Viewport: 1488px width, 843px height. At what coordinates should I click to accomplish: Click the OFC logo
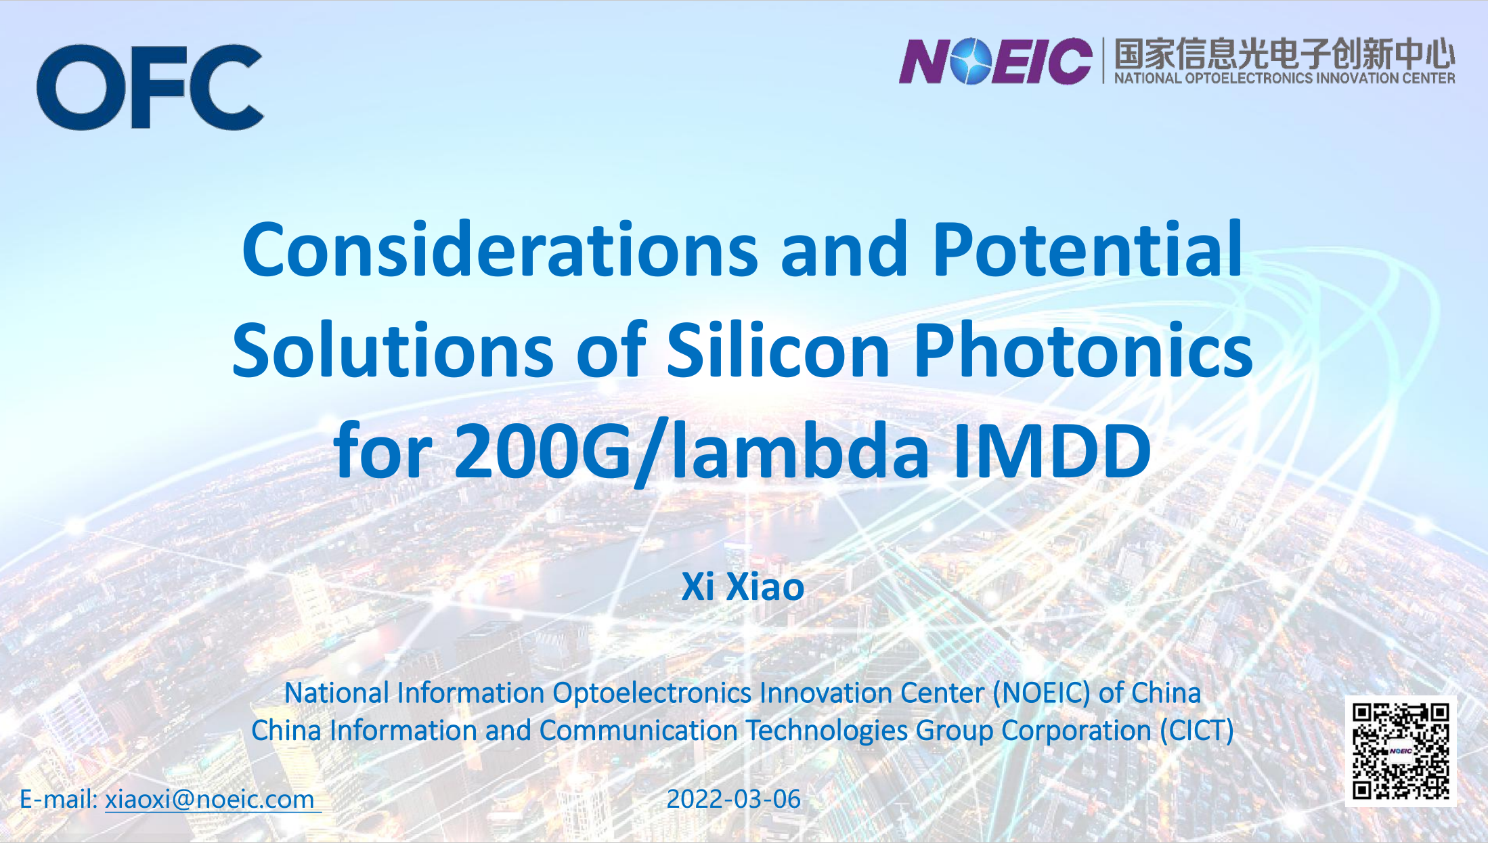pyautogui.click(x=150, y=87)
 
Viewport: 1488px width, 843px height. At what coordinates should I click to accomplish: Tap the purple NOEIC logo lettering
pyautogui.click(x=995, y=61)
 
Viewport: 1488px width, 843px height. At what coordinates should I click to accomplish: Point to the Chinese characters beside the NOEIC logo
pyautogui.click(x=1284, y=53)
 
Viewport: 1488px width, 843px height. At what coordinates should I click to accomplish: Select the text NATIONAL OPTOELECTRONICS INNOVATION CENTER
pyautogui.click(x=1284, y=79)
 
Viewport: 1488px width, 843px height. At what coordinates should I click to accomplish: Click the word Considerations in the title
pyautogui.click(x=500, y=250)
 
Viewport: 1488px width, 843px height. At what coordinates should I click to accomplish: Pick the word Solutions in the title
pyautogui.click(x=393, y=349)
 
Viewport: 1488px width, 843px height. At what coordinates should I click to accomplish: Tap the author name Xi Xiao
pyautogui.click(x=743, y=586)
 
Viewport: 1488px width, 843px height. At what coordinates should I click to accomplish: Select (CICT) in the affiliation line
pyautogui.click(x=1196, y=731)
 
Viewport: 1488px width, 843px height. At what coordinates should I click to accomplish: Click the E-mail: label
pyautogui.click(x=59, y=799)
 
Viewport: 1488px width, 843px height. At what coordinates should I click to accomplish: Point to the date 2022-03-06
pyautogui.click(x=734, y=799)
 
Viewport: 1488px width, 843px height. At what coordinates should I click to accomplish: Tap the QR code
pyautogui.click(x=1401, y=751)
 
